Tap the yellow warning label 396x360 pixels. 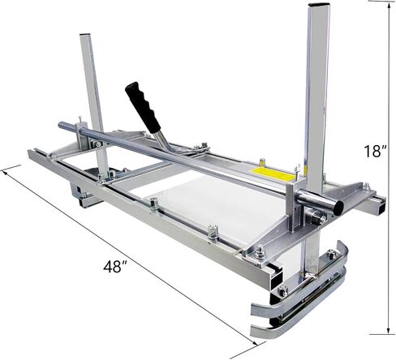[273, 174]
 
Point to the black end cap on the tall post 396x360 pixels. [319, 5]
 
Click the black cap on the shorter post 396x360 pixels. [84, 35]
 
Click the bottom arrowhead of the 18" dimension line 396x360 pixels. [389, 331]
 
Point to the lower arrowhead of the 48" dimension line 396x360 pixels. [255, 343]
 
